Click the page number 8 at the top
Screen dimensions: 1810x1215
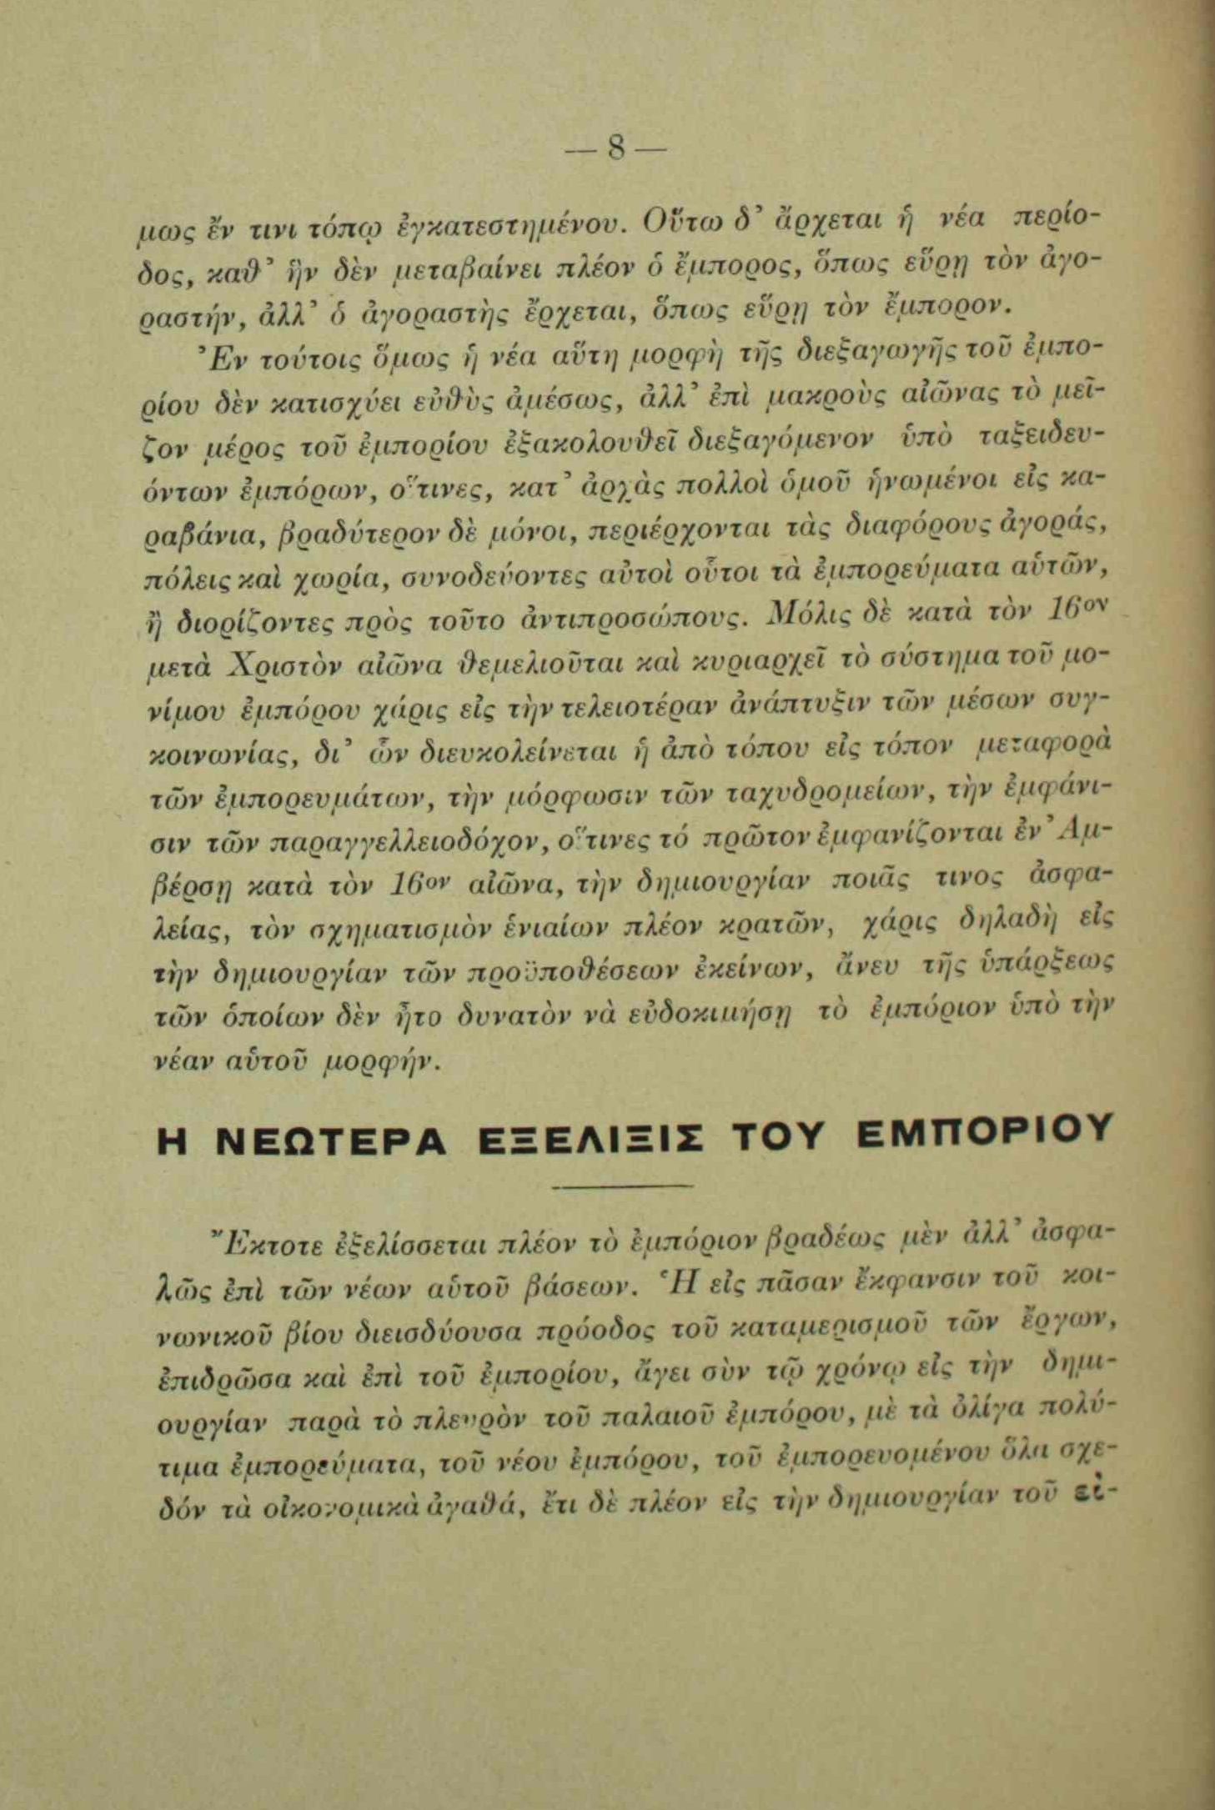[x=615, y=151]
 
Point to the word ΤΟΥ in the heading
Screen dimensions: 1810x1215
[x=781, y=1136]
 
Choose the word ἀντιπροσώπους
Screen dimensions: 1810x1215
[x=639, y=619]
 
